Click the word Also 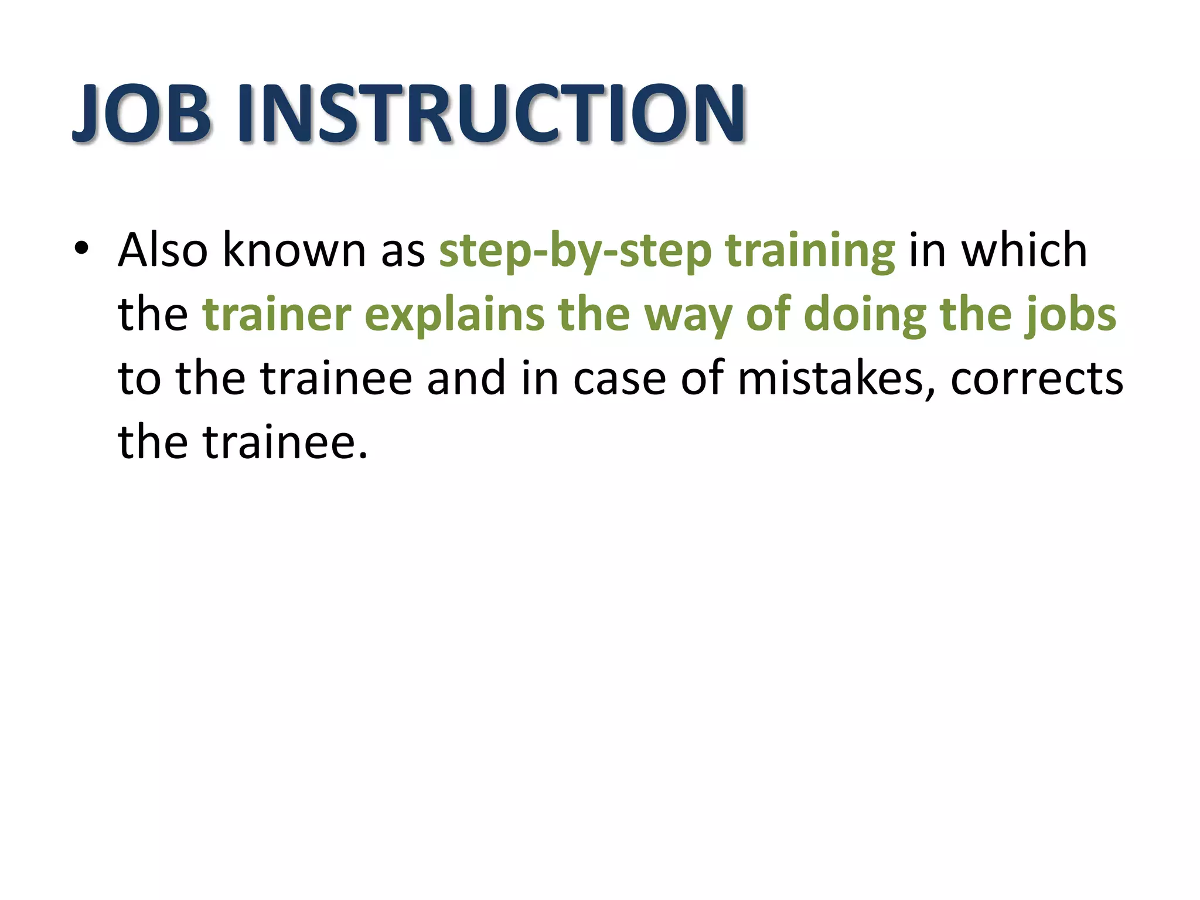coord(163,250)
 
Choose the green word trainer coord(277,315)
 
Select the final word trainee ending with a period coord(285,442)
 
